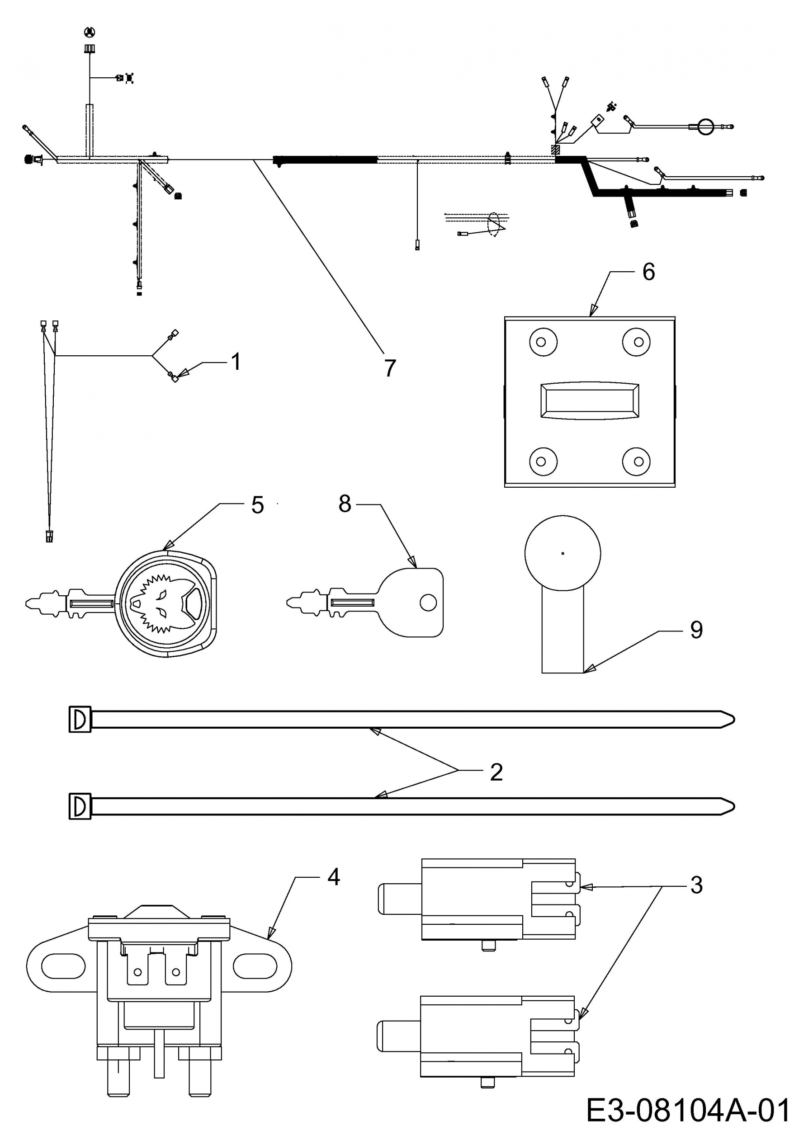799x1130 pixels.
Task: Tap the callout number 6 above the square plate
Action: coord(648,272)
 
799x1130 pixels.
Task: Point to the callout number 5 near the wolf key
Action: coord(257,505)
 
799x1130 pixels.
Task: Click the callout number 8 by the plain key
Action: coord(345,504)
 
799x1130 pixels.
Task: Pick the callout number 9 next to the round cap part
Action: coord(696,630)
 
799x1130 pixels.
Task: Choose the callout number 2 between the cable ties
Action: coord(496,772)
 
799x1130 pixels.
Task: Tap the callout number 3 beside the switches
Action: coord(696,885)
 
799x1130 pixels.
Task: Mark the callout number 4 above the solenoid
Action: coord(334,877)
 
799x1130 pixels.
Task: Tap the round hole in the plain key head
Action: coord(428,603)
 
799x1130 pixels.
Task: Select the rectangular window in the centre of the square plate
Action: coord(589,401)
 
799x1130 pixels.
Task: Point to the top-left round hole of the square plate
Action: coord(542,342)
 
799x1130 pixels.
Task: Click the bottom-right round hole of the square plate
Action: coord(638,461)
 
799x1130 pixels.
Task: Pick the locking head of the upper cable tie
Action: coord(80,720)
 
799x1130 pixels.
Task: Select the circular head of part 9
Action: coord(563,553)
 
